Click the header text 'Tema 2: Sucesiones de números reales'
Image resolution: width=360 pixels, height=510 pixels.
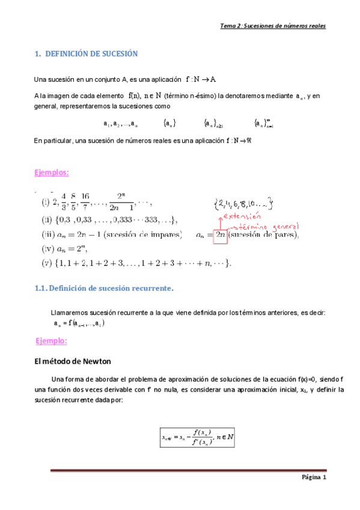(273, 27)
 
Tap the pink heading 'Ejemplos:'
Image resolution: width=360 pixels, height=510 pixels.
(52, 173)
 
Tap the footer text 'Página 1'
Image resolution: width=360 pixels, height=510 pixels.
(313, 478)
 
